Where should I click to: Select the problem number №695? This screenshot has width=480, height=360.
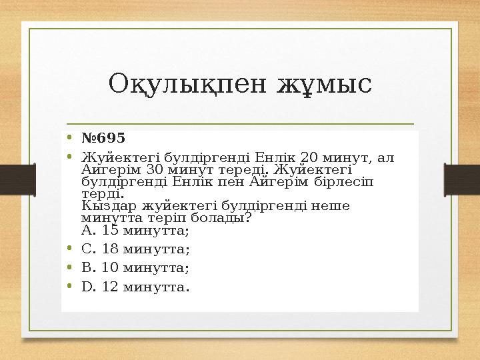coord(103,138)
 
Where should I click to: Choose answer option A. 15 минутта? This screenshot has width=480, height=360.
coord(135,231)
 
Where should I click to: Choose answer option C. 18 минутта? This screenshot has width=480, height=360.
coord(135,249)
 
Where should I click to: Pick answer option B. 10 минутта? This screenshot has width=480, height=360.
coord(135,268)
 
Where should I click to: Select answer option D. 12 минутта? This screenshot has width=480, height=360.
coord(135,287)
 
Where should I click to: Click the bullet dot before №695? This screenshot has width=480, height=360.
coord(70,139)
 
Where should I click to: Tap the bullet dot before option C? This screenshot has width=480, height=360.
coord(70,250)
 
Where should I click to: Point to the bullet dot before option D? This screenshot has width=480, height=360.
coord(70,288)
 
